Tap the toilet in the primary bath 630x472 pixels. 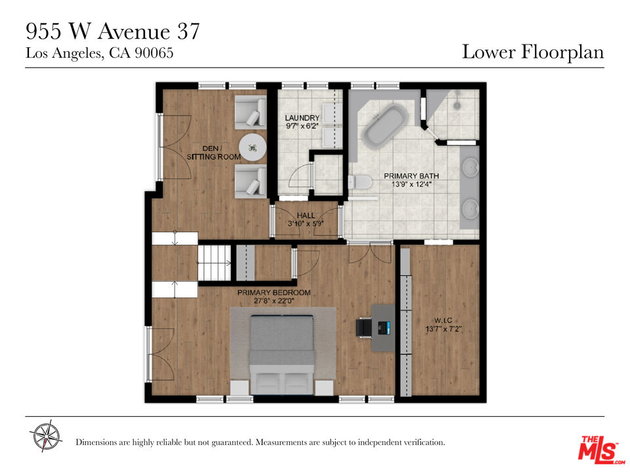point(360,182)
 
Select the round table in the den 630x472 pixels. point(253,147)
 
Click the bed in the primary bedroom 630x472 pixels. point(282,355)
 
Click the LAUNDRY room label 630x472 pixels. point(302,117)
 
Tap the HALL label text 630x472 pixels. point(306,216)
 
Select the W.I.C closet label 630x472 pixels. point(443,321)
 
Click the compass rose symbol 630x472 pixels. point(46,435)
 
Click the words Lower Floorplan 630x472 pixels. point(533,52)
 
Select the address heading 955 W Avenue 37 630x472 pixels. point(112,31)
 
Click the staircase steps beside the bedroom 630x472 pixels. point(215,263)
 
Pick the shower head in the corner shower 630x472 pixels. point(457,105)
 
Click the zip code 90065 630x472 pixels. point(154,53)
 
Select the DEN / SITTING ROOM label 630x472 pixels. point(213,153)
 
